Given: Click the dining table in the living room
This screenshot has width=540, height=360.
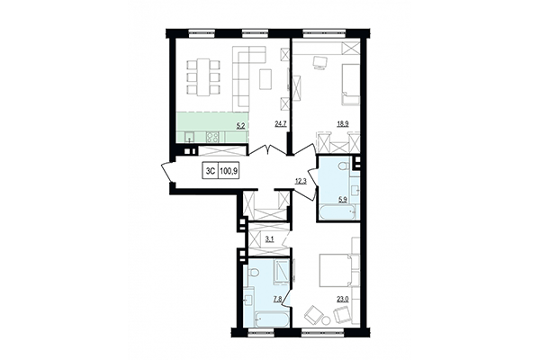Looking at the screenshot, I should pos(204,76).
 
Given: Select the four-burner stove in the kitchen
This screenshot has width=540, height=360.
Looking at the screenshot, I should pos(213,137).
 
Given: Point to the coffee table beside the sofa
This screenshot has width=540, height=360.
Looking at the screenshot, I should pos(265,79).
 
